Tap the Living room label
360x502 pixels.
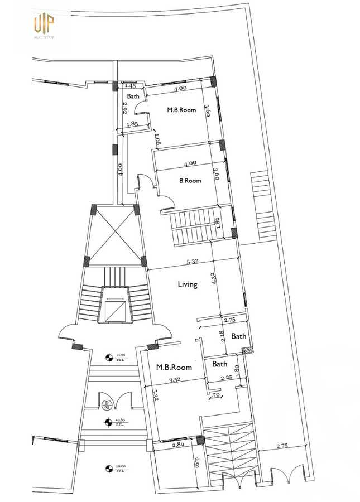point(188,284)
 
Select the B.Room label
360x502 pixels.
point(190,181)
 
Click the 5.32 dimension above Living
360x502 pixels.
point(194,262)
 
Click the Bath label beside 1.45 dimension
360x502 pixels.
point(133,96)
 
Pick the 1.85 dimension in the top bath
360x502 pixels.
point(132,124)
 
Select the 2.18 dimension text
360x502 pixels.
point(223,335)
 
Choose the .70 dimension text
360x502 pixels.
point(215,396)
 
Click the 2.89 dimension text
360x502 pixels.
point(178,445)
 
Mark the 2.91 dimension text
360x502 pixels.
point(196,462)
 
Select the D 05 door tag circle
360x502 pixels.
point(107,404)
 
